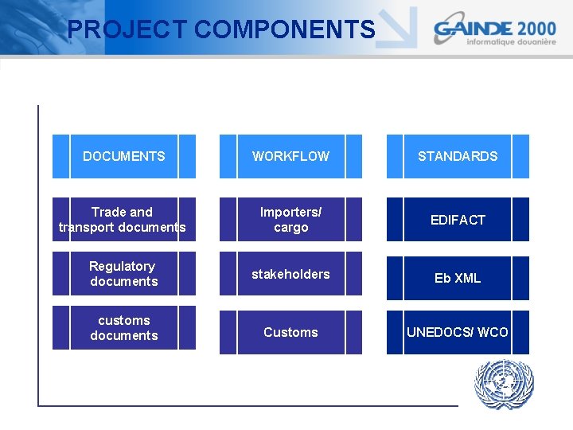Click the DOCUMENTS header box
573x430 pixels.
pos(124,156)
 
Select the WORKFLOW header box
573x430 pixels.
pos(290,156)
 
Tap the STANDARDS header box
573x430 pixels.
pos(458,156)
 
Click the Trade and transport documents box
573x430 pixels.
pos(124,220)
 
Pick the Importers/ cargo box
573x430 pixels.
pos(290,220)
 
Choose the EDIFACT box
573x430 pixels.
pos(458,220)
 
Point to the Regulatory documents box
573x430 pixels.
pos(124,274)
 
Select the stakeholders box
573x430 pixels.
pos(290,274)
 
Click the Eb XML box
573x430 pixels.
pos(458,278)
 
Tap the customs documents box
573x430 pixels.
pos(124,328)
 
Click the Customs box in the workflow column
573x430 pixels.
pos(290,332)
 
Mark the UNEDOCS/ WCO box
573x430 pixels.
pos(458,332)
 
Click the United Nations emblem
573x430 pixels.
pos(504,385)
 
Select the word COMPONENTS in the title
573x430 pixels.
pos(284,29)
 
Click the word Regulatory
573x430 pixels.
pos(122,266)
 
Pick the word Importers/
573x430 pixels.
pos(291,212)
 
